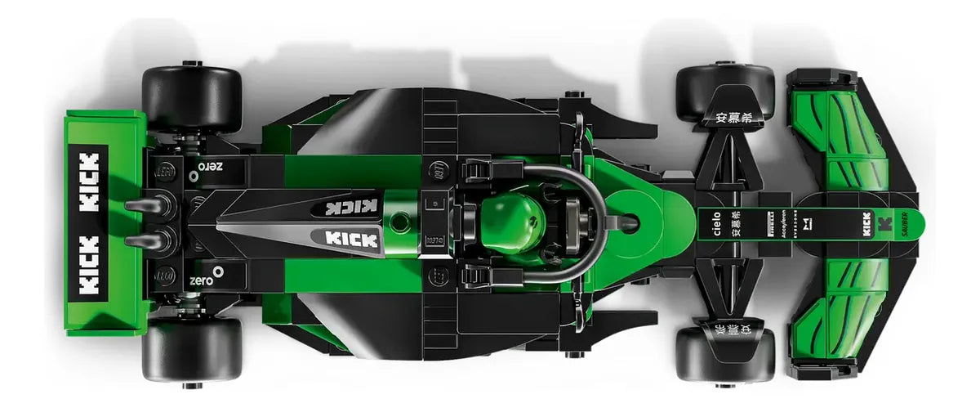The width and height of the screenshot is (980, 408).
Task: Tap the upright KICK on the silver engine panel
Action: click(x=351, y=239)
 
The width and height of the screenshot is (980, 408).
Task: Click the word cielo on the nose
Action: click(x=716, y=222)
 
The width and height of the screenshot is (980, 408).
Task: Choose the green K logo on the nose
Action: click(x=883, y=222)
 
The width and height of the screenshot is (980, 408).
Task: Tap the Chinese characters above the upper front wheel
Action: click(x=732, y=117)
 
